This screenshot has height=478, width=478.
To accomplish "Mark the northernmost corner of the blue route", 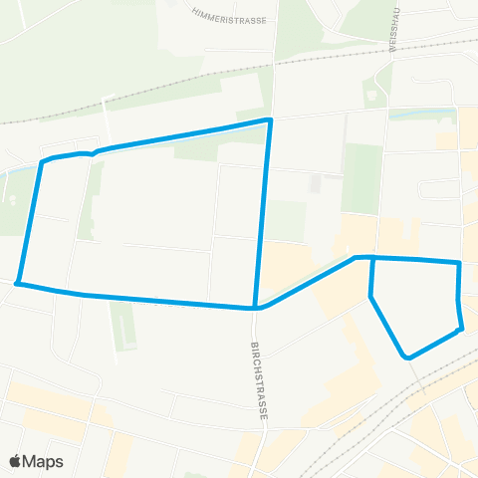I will [269, 120].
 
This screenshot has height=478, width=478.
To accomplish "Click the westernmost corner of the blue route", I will [17, 284].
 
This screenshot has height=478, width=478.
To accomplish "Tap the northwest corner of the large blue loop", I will [42, 161].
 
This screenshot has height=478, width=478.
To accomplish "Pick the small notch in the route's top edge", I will [93, 153].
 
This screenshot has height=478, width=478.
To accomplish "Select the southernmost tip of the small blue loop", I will [406, 356].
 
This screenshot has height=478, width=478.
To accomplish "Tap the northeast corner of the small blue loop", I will [458, 263].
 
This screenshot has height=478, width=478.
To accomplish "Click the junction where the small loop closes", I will [371, 258].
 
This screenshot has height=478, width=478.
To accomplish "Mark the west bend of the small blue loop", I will [370, 296].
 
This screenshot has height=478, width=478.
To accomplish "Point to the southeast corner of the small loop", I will [461, 329].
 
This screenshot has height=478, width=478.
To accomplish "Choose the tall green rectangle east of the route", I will [362, 178].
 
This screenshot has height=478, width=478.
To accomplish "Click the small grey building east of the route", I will [316, 184].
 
